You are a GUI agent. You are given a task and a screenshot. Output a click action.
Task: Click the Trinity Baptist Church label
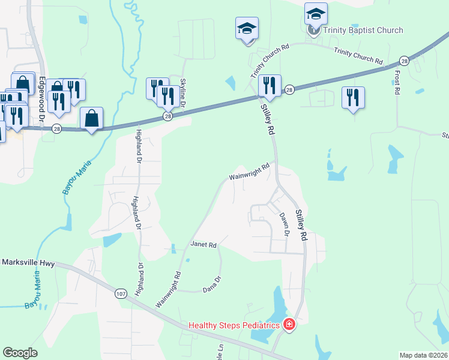tap(363, 30)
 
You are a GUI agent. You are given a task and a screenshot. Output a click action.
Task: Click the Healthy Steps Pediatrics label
tap(235, 325)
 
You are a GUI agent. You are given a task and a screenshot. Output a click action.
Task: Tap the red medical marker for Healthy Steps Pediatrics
tap(289, 325)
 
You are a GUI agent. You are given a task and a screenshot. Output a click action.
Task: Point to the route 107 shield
tap(121, 293)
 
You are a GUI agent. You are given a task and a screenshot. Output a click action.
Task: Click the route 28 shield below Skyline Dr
tap(169, 116)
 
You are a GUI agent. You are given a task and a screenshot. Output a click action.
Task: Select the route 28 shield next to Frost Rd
tap(404, 61)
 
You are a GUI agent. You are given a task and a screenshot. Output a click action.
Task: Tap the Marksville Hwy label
tap(28, 262)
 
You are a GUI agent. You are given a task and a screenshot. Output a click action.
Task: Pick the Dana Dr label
tap(212, 283)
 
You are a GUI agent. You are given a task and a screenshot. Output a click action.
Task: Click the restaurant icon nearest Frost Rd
tap(353, 98)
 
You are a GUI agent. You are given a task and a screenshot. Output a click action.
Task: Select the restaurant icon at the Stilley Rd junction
tap(270, 86)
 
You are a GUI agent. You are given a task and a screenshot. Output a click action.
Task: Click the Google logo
tap(20, 353)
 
